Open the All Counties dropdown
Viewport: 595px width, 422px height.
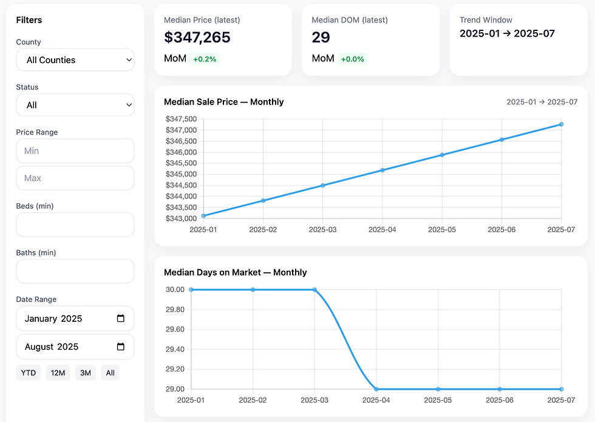75,60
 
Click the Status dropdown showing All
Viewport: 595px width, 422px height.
75,105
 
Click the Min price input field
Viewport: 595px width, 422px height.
75,151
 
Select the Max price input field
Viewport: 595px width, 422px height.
75,178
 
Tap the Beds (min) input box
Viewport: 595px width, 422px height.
75,225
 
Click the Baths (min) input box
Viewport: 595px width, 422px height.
75,271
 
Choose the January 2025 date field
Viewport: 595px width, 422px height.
67,319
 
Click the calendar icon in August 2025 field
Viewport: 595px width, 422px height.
120,347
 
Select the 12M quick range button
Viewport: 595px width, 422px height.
58,373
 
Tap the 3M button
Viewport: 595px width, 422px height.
86,373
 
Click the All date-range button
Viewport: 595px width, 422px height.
110,373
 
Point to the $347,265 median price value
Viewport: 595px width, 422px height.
197,38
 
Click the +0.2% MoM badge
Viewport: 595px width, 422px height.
205,59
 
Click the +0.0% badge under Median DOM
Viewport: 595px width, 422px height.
352,59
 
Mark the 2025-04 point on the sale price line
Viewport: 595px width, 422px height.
382,170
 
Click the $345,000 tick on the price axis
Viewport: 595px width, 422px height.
181,174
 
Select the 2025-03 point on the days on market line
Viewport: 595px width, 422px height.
314,290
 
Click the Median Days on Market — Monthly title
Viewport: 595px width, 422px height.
235,273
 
